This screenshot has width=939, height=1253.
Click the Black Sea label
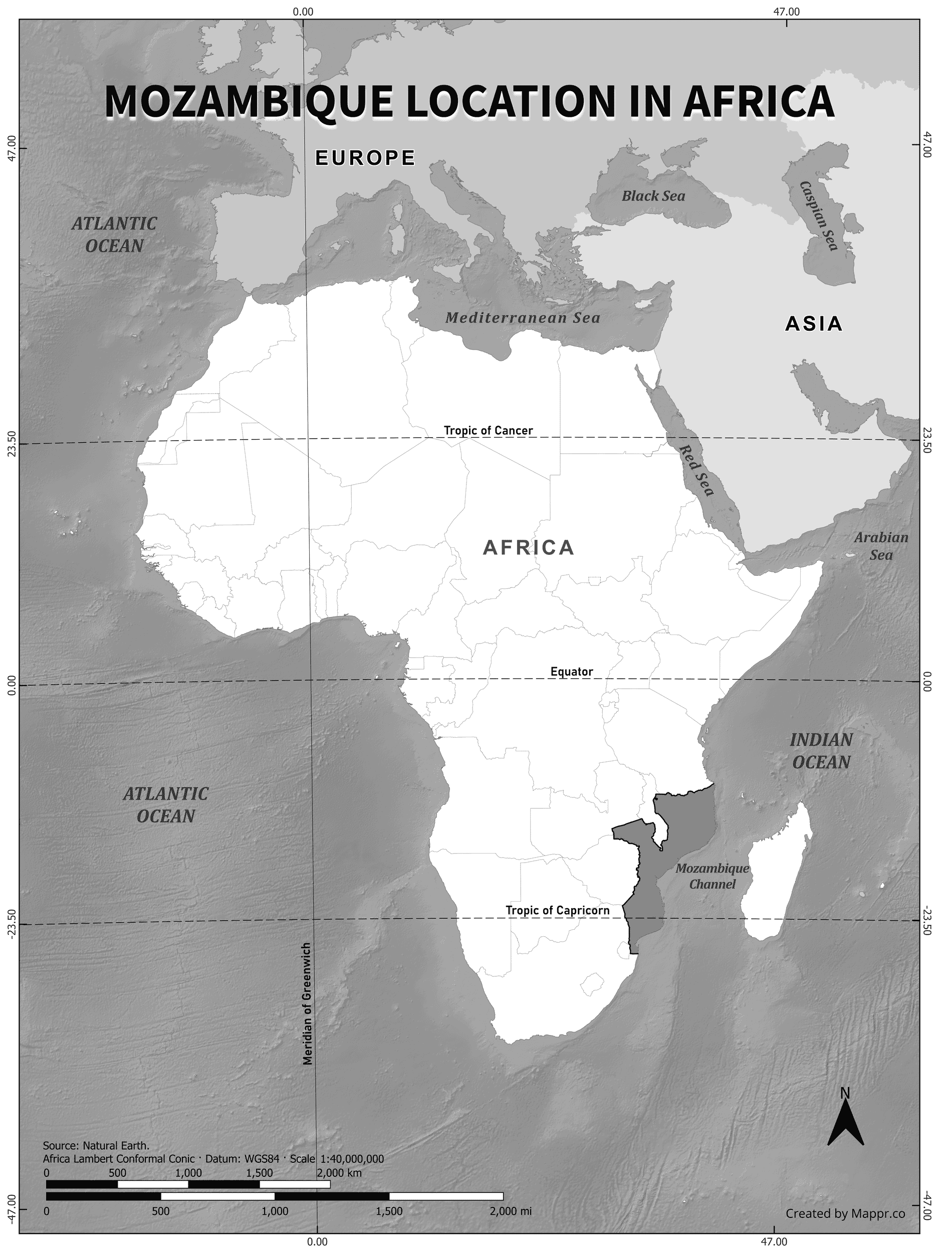point(653,196)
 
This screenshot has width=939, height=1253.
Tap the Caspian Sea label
point(818,217)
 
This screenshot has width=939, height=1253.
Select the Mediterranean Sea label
point(522,318)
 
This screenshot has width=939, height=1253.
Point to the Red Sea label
point(696,470)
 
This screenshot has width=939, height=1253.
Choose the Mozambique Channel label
point(712,876)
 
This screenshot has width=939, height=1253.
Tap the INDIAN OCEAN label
point(821,751)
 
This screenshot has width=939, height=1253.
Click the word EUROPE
point(365,157)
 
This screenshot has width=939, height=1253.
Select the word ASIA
point(813,324)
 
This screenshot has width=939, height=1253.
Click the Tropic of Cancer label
point(488,431)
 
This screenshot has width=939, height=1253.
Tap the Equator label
point(571,672)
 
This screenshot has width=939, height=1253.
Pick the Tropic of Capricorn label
point(557,910)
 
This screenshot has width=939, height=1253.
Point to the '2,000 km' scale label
point(339,1169)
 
